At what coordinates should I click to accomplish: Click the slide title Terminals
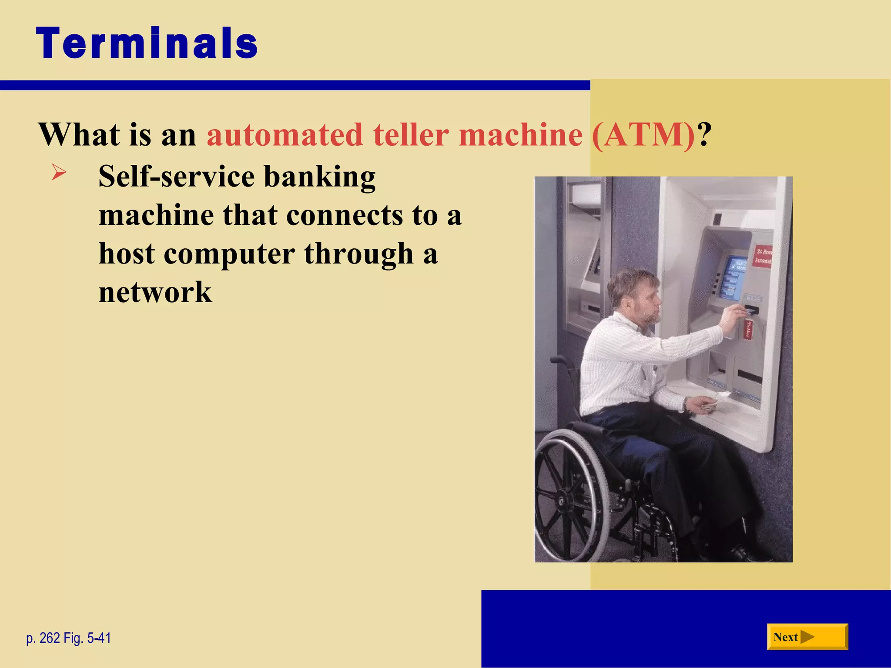(x=147, y=43)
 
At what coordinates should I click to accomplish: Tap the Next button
(x=807, y=637)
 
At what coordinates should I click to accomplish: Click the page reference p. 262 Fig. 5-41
(x=68, y=638)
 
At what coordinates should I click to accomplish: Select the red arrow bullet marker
(x=59, y=173)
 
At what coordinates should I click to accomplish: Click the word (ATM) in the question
(x=643, y=135)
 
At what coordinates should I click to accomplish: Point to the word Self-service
(x=176, y=177)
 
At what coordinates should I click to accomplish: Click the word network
(x=155, y=292)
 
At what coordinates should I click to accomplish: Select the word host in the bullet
(x=126, y=254)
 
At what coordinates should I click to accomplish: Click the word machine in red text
(x=520, y=135)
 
